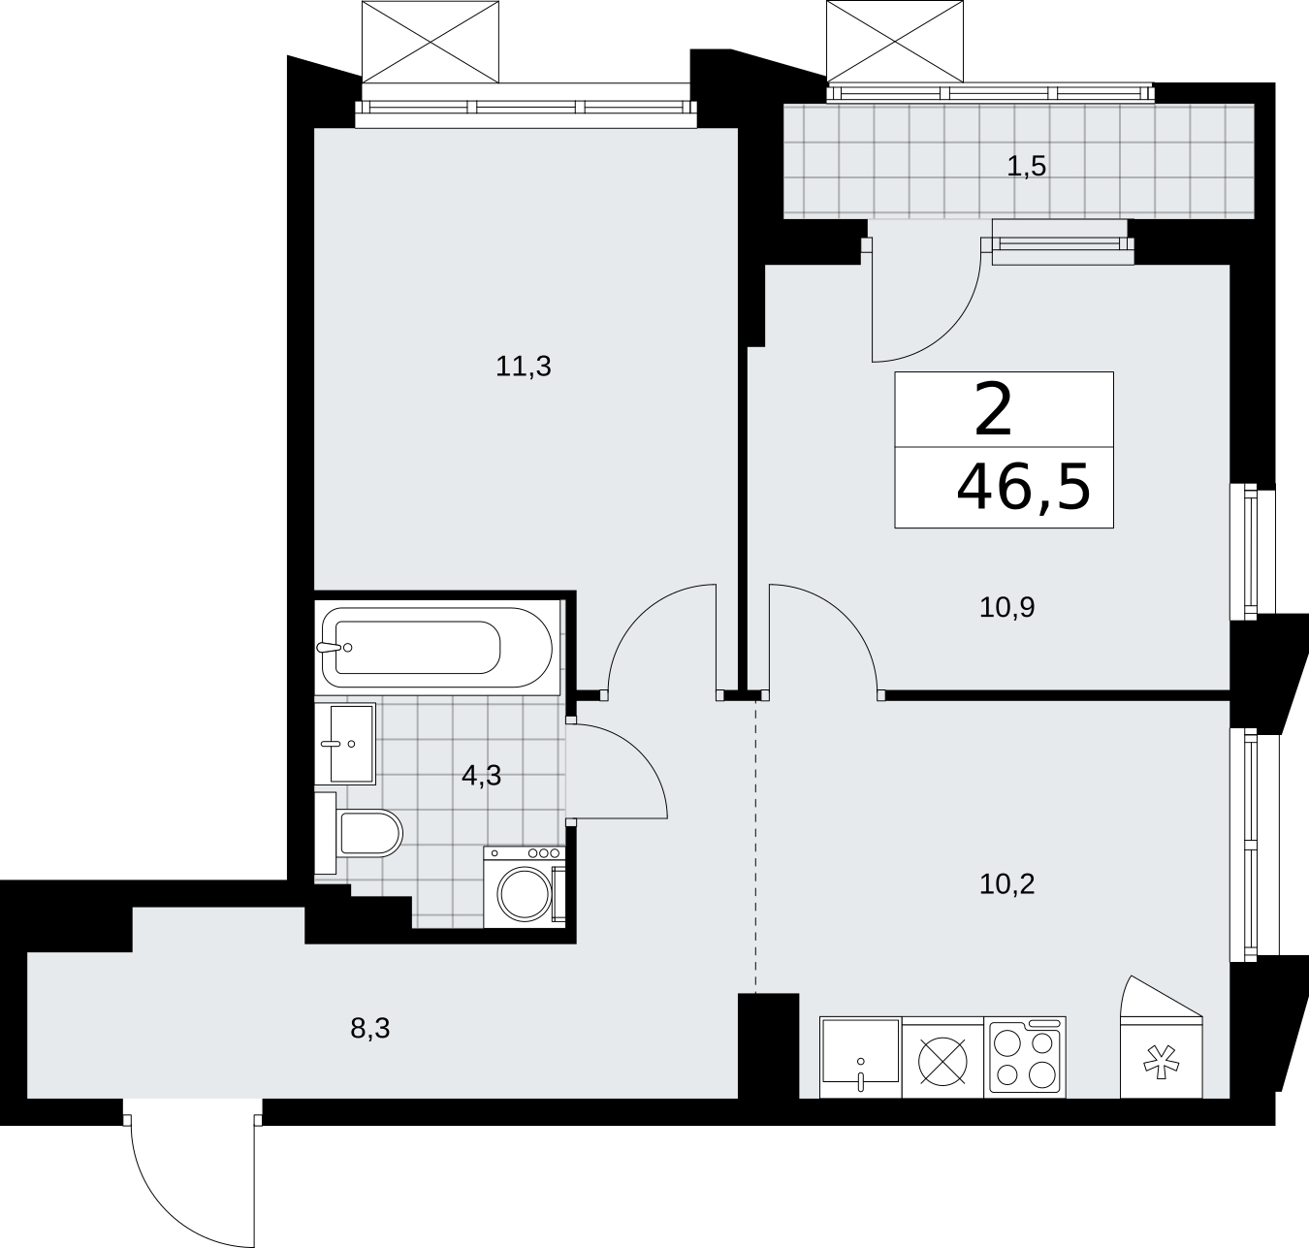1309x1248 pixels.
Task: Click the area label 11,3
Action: (524, 367)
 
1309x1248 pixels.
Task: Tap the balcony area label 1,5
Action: (1026, 166)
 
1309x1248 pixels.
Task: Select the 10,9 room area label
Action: (1006, 607)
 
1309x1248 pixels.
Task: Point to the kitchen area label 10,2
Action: (1006, 884)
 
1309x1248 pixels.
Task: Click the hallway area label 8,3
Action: (369, 1029)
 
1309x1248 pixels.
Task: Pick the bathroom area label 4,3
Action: (481, 776)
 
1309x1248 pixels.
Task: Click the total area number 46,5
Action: (1024, 488)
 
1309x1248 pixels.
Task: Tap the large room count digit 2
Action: (993, 410)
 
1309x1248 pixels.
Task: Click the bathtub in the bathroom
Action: (436, 647)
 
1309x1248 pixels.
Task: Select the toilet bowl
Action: (369, 834)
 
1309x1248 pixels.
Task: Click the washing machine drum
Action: (524, 894)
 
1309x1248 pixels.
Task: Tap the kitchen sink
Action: (860, 1057)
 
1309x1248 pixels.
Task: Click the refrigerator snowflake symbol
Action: (1162, 1063)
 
